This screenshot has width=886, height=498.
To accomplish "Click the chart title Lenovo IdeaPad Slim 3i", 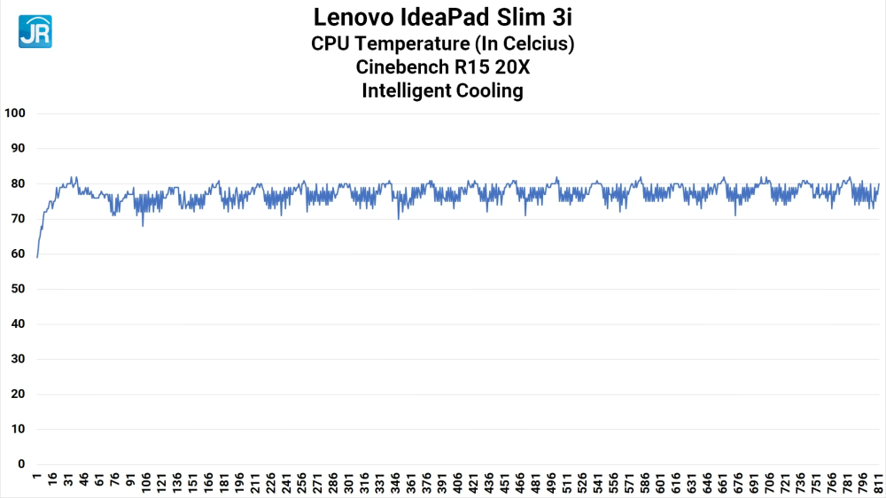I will tap(442, 17).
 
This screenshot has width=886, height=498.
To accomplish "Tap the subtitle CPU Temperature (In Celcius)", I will tap(442, 43).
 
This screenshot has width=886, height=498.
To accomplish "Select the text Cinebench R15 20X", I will tap(442, 66).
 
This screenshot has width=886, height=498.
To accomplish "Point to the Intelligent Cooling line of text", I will tap(442, 90).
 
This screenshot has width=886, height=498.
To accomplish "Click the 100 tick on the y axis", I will tap(16, 113).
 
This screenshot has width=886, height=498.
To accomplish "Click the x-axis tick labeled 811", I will tap(878, 482).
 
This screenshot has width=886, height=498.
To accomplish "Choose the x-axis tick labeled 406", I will tap(457, 482).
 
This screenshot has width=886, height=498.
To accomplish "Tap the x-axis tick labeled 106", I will tap(146, 482).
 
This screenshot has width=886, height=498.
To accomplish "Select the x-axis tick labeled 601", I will tap(660, 482).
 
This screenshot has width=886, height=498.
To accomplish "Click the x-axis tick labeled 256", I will tap(302, 482).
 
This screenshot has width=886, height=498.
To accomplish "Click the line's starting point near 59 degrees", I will tap(37, 257).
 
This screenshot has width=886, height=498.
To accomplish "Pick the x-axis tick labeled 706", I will tap(769, 482).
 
